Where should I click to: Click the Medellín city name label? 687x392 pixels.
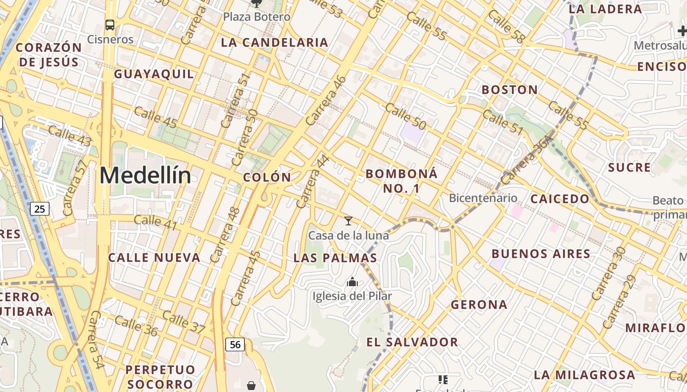[x=145, y=175]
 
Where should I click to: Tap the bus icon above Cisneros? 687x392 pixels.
[x=110, y=24]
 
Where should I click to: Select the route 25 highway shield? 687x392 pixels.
[x=40, y=209]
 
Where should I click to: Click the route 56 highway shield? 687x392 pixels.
[x=235, y=344]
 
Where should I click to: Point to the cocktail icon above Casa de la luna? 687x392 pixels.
[x=348, y=221]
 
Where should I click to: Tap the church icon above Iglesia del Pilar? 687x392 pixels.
[x=352, y=282]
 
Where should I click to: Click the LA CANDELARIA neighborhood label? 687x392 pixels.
[x=274, y=43]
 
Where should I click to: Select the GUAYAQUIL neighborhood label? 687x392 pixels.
[x=154, y=74]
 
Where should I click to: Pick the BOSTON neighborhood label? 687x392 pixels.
[x=509, y=90]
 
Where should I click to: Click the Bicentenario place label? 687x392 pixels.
[x=483, y=198]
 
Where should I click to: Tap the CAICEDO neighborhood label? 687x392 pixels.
[x=559, y=199]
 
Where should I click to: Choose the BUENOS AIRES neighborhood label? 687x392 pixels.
[x=541, y=254]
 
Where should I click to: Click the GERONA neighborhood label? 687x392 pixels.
[x=479, y=305]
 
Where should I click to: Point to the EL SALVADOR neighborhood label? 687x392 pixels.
[x=412, y=342]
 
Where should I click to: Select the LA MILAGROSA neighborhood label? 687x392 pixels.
[x=584, y=375]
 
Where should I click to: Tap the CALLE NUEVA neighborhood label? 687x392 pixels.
[x=154, y=258]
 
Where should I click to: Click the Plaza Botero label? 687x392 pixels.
[x=257, y=17]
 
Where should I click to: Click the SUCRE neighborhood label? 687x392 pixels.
[x=629, y=168]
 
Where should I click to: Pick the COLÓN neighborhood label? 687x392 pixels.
[x=267, y=177]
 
